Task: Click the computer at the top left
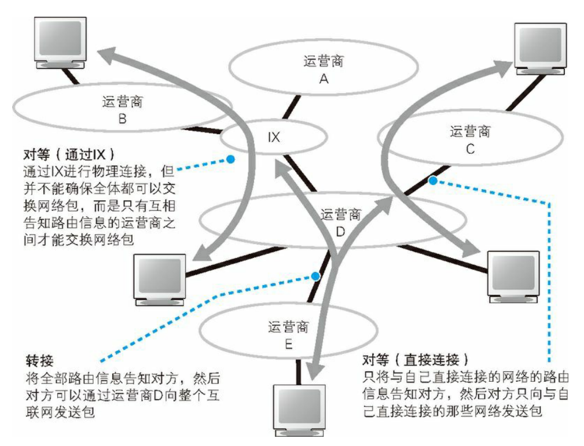60,43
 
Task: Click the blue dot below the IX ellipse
231,159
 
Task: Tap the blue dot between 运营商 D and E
314,277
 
